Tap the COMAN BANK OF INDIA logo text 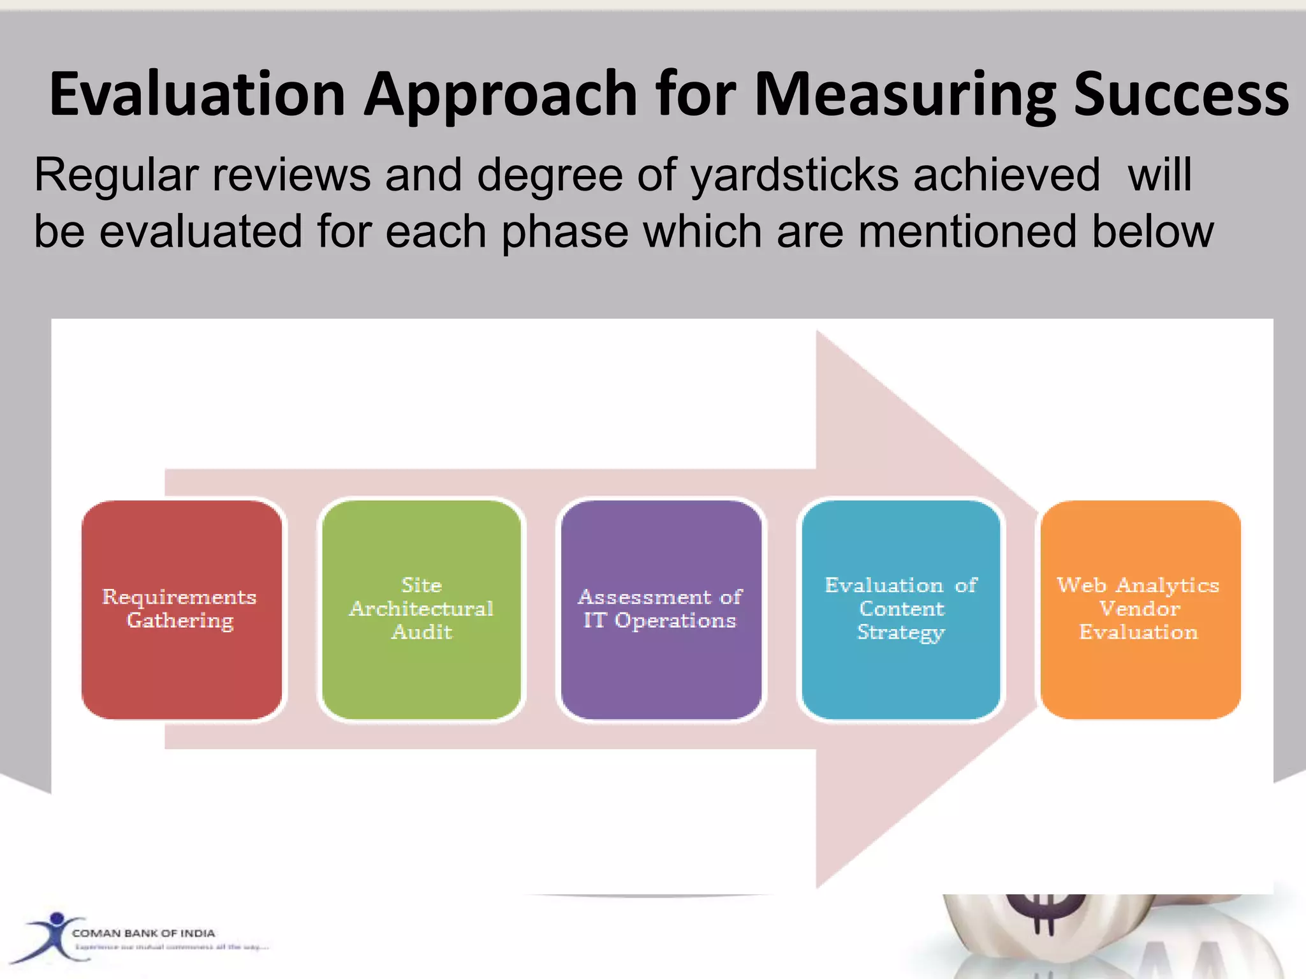pos(143,933)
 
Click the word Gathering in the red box pos(180,621)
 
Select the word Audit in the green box pos(422,632)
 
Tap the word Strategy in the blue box pos(900,632)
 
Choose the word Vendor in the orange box pos(1140,609)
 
